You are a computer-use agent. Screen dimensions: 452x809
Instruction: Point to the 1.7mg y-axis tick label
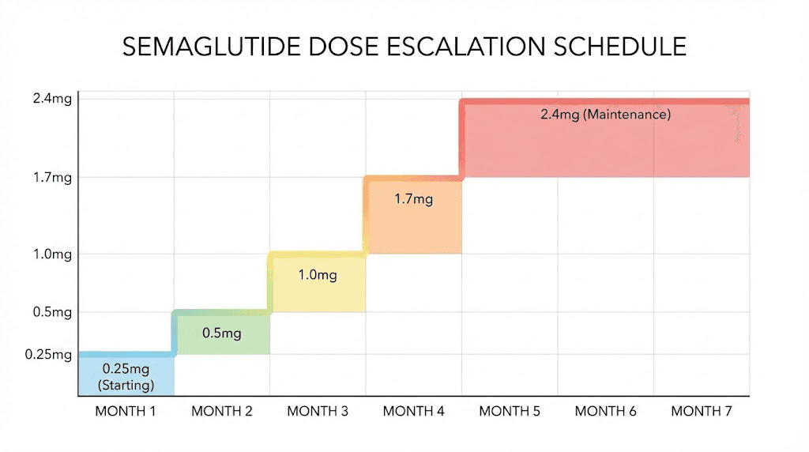(52, 178)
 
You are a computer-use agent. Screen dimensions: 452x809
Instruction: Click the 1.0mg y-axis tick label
(52, 254)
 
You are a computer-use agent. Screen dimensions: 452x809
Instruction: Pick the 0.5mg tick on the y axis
(52, 312)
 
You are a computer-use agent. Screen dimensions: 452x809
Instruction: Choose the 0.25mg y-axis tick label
(48, 355)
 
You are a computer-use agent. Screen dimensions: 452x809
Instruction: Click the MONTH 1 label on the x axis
(126, 411)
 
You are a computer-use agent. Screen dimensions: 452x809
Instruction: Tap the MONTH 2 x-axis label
(222, 411)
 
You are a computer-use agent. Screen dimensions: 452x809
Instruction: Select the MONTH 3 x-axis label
(318, 411)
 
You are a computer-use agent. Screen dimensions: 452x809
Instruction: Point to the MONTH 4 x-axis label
(413, 411)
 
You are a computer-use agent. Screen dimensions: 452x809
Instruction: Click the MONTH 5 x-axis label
(510, 411)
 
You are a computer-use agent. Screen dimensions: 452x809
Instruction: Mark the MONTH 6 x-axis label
(605, 411)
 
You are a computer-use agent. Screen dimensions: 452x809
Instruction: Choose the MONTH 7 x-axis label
(702, 411)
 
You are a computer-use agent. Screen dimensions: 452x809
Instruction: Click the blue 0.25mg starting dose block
(126, 375)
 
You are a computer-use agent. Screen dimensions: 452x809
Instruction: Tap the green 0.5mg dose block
(222, 333)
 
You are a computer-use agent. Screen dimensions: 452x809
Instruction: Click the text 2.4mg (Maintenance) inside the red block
(605, 115)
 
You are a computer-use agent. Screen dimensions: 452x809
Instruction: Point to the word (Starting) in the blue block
(126, 385)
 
